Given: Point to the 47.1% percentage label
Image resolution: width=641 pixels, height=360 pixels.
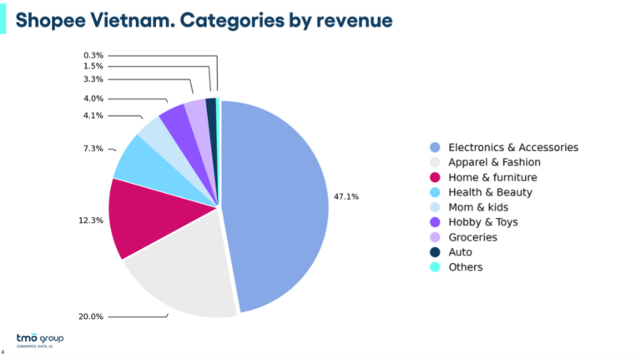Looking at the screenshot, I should pyautogui.click(x=346, y=196).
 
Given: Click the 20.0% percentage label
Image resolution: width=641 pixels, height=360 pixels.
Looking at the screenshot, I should pyautogui.click(x=91, y=317).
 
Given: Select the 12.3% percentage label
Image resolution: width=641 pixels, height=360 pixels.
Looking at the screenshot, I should pyautogui.click(x=91, y=221).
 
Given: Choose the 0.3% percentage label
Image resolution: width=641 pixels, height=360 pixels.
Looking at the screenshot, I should pyautogui.click(x=93, y=55).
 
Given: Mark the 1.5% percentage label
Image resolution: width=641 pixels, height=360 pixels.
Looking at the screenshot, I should pyautogui.click(x=93, y=66).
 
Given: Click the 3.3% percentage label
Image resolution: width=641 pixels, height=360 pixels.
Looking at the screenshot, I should pyautogui.click(x=93, y=79).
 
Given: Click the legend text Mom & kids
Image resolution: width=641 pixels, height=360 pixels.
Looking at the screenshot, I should pyautogui.click(x=478, y=207).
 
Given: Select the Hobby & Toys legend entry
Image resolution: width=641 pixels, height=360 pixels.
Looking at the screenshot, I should pyautogui.click(x=483, y=222).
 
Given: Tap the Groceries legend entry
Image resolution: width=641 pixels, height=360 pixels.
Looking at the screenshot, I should pyautogui.click(x=472, y=237).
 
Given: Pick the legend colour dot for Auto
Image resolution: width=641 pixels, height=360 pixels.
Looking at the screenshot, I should pyautogui.click(x=435, y=252).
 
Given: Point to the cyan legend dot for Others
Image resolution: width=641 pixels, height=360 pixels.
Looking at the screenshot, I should pyautogui.click(x=435, y=267).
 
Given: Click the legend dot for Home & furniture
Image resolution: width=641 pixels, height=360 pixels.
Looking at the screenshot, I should pyautogui.click(x=435, y=177).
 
